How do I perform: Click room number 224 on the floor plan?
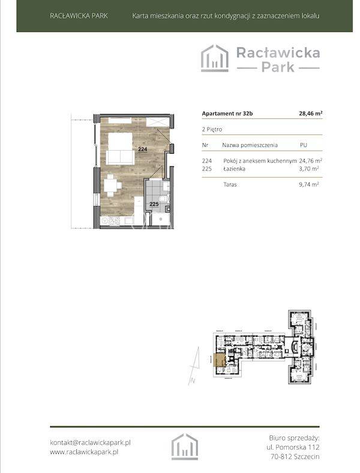(143, 149)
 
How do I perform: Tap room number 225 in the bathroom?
(154, 204)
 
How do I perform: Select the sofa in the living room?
(121, 157)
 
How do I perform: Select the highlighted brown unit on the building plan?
(220, 360)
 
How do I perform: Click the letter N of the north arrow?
(193, 381)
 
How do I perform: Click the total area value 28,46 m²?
(311, 113)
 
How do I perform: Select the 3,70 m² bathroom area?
(309, 169)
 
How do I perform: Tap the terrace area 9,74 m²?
(309, 184)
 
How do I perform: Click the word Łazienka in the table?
(234, 169)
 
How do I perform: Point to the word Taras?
(230, 184)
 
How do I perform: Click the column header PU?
(304, 145)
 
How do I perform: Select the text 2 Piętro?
(212, 130)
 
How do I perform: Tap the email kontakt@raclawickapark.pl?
(90, 443)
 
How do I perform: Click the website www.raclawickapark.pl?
(84, 452)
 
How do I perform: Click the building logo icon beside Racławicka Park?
(215, 58)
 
